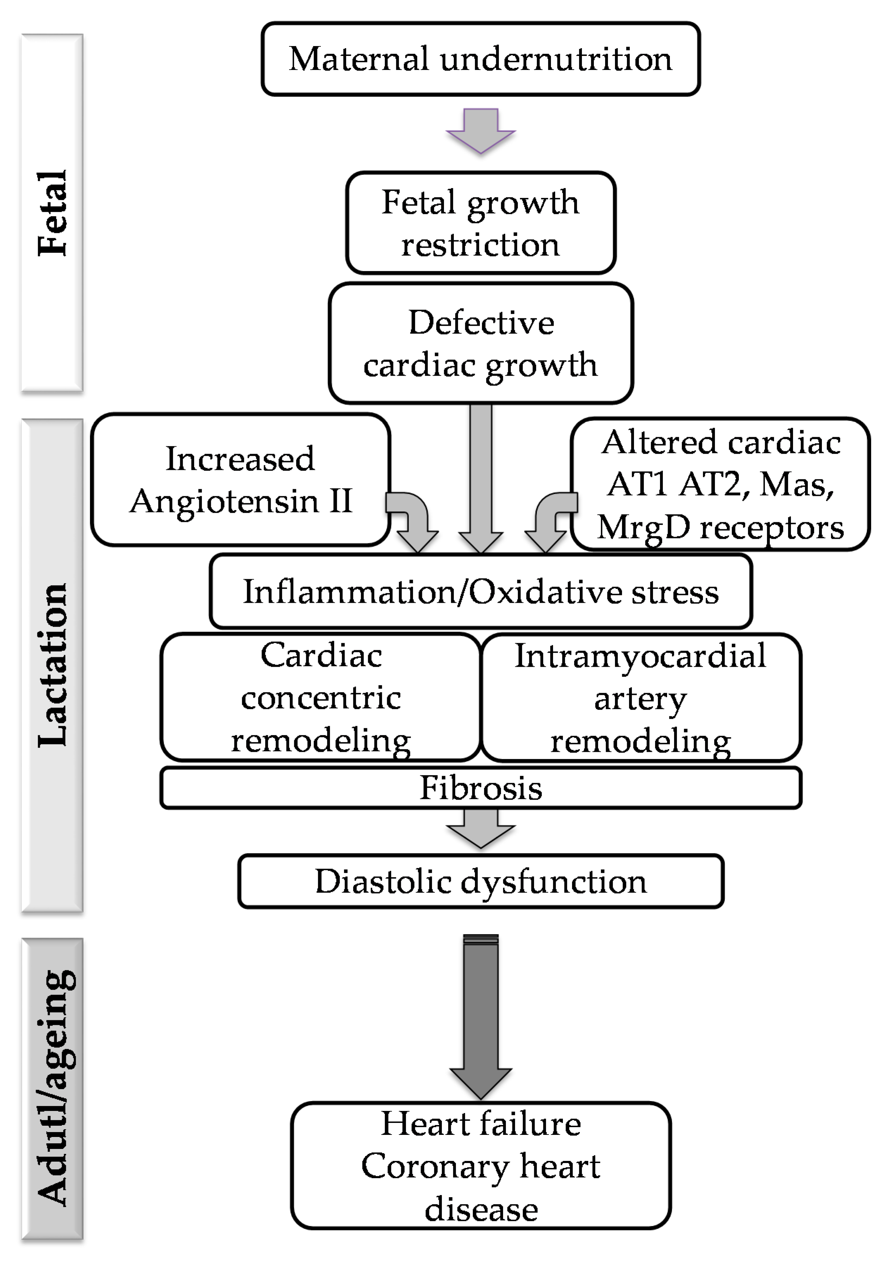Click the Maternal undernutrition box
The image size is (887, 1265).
[x=480, y=59]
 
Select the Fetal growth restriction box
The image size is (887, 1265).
[x=480, y=223]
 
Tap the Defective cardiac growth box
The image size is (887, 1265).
[x=480, y=343]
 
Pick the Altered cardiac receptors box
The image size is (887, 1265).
[x=720, y=484]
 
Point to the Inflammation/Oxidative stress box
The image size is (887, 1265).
[x=480, y=591]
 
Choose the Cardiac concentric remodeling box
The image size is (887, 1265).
[x=320, y=697]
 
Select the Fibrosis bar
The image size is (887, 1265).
[x=480, y=788]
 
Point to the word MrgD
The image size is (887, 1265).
[x=643, y=527]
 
